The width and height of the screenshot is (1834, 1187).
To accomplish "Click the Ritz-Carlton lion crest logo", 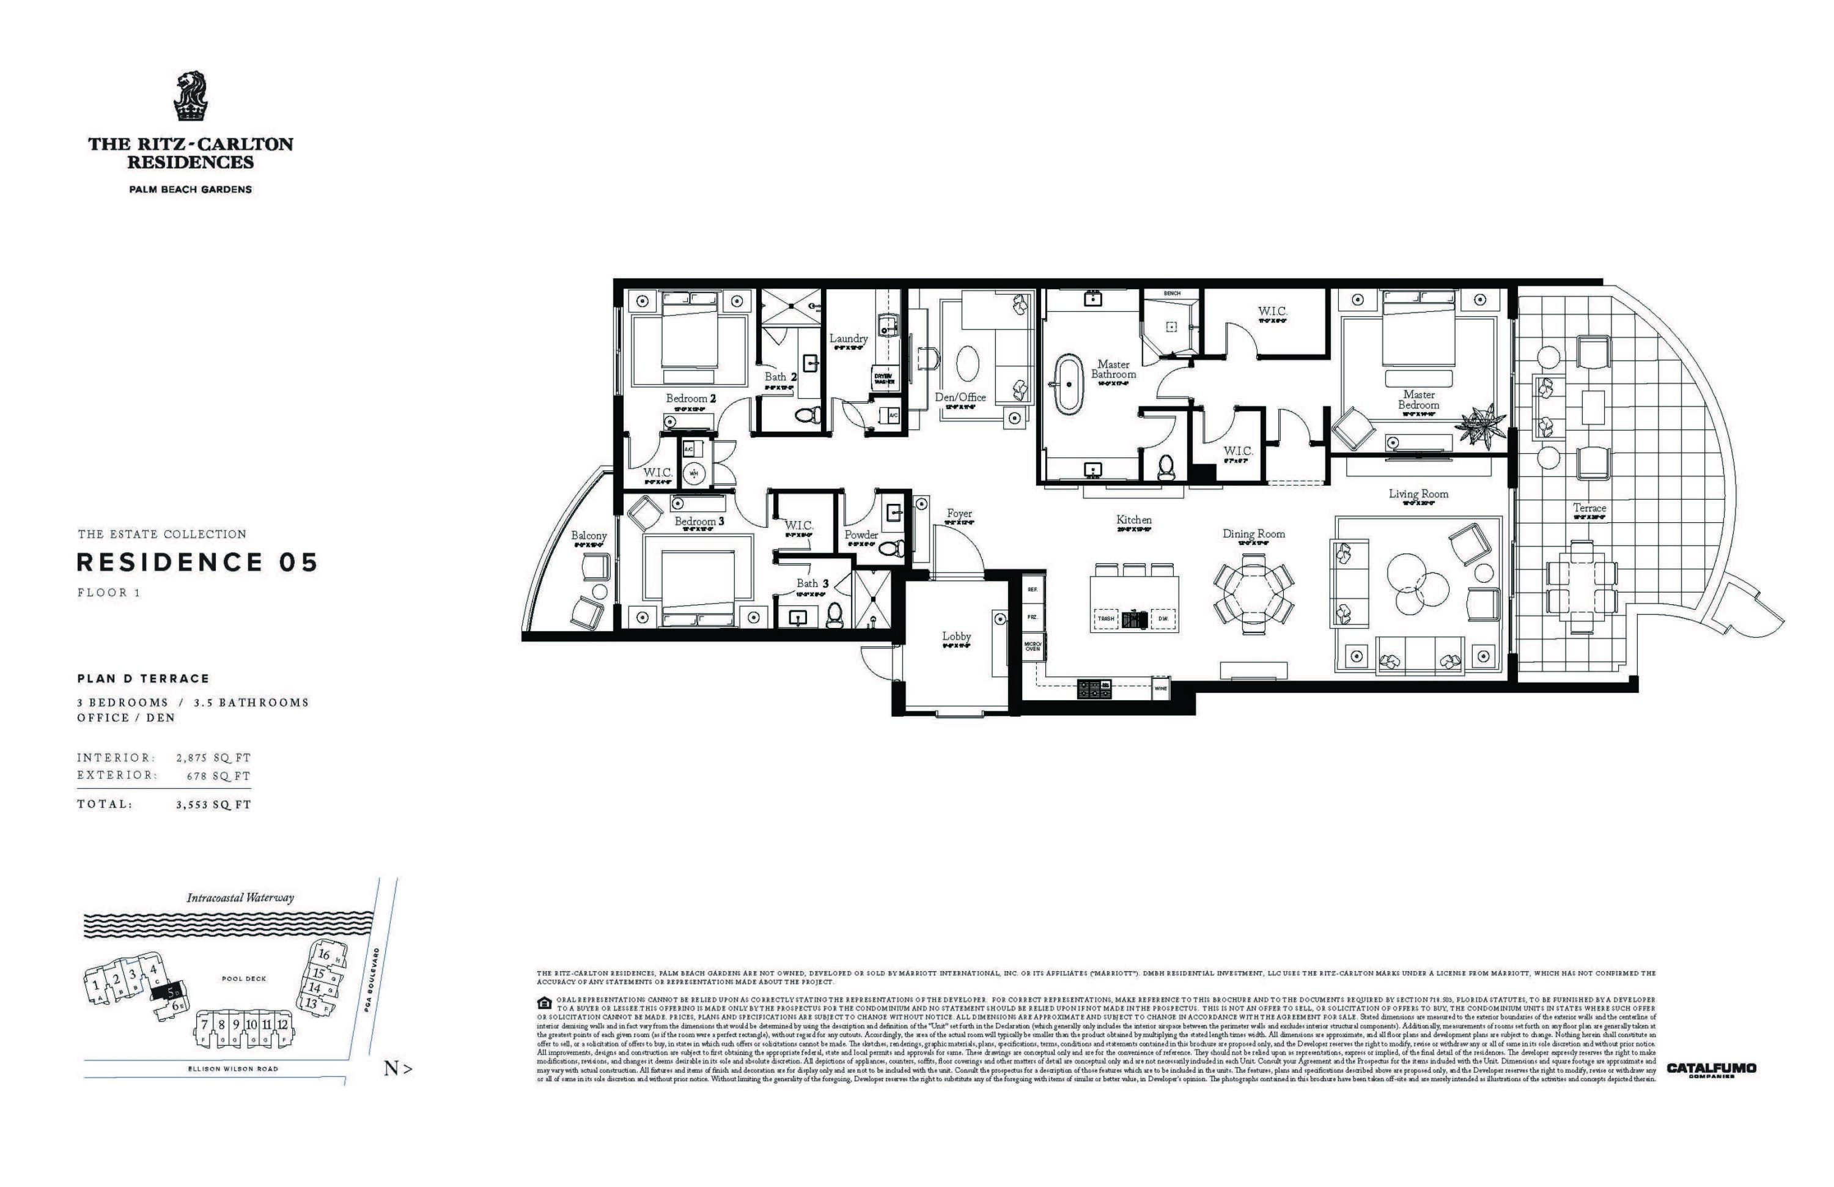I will [x=190, y=97].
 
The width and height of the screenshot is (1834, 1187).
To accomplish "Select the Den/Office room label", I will [x=960, y=397].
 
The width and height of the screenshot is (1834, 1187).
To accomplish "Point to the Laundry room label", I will [x=849, y=338].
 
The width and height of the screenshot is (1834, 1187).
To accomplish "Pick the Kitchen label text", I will [x=1133, y=520].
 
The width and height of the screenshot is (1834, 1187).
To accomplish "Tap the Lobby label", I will [x=956, y=637].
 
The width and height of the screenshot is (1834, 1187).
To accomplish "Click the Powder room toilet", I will [x=894, y=549].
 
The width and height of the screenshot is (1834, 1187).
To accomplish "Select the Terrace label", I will [x=1589, y=508].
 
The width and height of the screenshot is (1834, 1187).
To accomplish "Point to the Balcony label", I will [x=589, y=536].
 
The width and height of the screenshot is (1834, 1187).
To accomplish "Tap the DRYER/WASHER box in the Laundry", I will [x=884, y=379].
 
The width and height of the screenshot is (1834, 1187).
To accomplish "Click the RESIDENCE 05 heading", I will [x=197, y=563].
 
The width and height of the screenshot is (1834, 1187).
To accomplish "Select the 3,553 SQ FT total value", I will [x=213, y=805].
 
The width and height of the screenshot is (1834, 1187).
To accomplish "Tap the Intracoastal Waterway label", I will [x=240, y=898].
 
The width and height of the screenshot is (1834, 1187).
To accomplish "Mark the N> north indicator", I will [x=397, y=1069].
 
